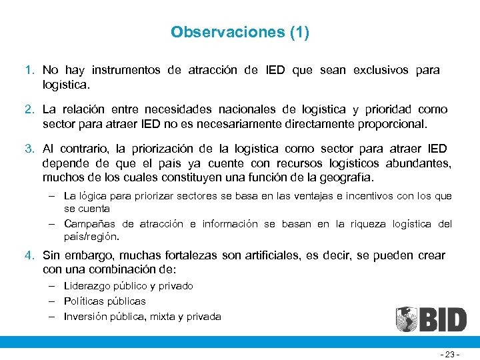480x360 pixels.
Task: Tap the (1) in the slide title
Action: pos(299,32)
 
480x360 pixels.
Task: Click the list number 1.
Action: pos(29,70)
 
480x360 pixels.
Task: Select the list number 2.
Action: pos(29,109)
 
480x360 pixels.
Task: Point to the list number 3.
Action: pos(29,149)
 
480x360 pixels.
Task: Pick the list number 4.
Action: pos(29,255)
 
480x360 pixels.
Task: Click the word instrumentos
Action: pos(126,70)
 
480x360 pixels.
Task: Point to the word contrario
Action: pos(84,149)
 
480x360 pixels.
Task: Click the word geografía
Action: pos(344,178)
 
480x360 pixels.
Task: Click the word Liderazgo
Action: pos(88,286)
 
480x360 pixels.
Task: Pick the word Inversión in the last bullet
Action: pos(86,317)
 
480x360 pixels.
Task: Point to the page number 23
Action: pos(450,355)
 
